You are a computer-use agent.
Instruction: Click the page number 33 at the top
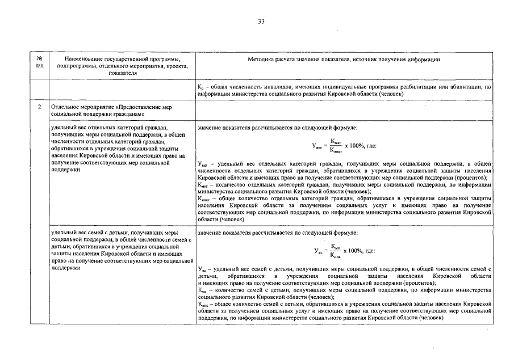point(261,22)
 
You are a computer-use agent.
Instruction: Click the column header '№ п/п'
point(39,62)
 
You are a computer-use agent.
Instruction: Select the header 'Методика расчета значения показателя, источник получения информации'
point(344,59)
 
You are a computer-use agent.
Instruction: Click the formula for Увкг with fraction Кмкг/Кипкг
point(344,146)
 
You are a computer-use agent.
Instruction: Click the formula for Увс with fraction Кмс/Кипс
point(344,251)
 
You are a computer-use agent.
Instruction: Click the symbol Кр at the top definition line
point(200,87)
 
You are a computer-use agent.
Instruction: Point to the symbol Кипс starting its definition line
point(203,305)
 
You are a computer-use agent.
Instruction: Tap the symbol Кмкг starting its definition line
point(203,185)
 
